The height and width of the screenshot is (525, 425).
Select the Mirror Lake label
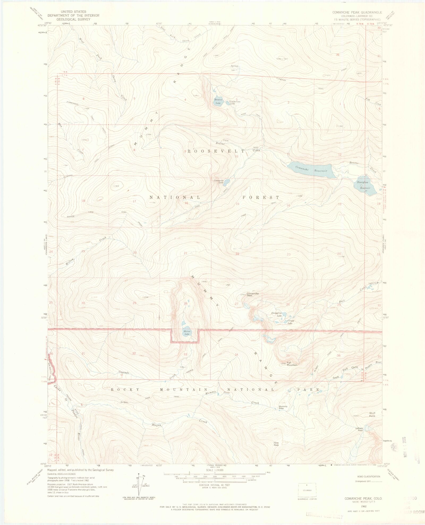tap(187, 333)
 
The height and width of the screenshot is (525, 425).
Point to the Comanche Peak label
tap(252, 294)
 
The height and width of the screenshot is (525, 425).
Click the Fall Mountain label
tap(292, 364)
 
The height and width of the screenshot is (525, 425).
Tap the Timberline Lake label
tap(235, 102)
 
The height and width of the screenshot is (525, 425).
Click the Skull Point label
tap(372, 414)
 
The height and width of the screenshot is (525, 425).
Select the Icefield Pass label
tap(359, 429)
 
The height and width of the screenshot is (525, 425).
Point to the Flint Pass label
tap(276, 444)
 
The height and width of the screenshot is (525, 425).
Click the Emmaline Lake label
tap(276, 315)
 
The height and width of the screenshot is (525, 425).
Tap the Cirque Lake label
tap(291, 322)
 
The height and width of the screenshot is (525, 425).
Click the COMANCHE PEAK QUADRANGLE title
tap(357, 12)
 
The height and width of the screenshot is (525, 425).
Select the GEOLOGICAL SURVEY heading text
tap(73, 19)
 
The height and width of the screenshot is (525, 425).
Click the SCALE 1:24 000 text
tap(215, 470)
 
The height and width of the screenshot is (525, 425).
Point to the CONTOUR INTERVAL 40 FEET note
tap(215, 485)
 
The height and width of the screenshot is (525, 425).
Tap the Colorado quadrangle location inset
tap(307, 490)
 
